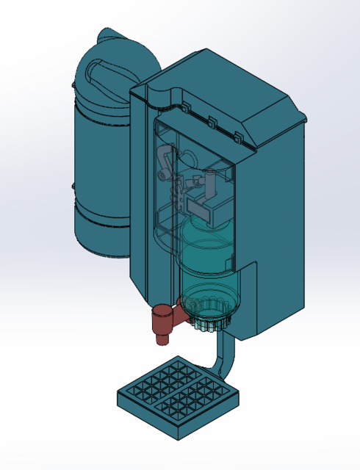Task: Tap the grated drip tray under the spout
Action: point(179,397)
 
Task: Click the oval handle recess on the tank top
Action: point(110,70)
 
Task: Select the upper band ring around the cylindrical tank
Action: point(99,110)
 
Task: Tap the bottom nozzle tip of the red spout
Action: point(162,339)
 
